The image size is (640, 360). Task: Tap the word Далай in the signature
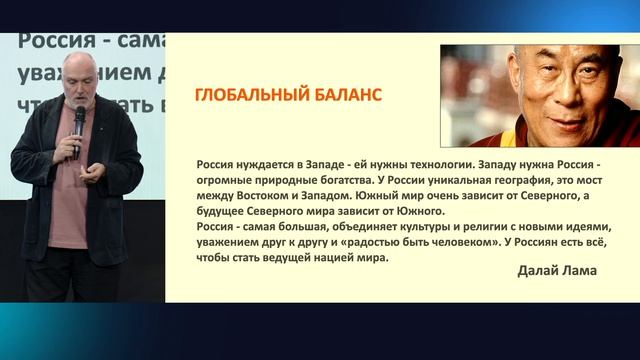pos(541,271)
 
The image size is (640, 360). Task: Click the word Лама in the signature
pos(583,271)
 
